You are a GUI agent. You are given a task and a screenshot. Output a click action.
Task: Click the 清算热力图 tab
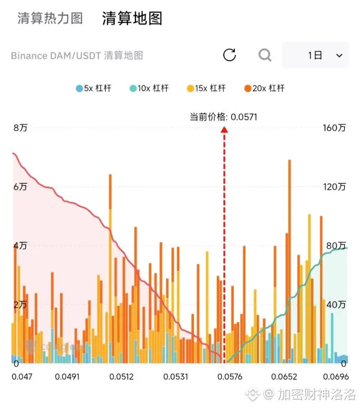pyautogui.click(x=50, y=18)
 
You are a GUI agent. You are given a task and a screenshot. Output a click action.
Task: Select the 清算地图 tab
pyautogui.click(x=132, y=18)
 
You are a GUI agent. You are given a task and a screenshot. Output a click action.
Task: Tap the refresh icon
pyautogui.click(x=229, y=55)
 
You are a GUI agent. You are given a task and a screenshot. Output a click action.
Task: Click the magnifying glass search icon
pyautogui.click(x=265, y=55)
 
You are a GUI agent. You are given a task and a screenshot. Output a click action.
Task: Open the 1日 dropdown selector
pyautogui.click(x=315, y=55)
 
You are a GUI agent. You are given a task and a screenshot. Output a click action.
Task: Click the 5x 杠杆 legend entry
pyautogui.click(x=93, y=88)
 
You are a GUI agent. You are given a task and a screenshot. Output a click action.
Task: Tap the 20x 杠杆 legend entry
pyautogui.click(x=264, y=88)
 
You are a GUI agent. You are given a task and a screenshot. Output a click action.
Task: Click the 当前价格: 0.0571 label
pyautogui.click(x=223, y=116)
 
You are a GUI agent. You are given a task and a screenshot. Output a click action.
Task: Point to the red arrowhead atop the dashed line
pyautogui.click(x=224, y=129)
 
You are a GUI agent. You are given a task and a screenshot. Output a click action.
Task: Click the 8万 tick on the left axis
pyautogui.click(x=20, y=128)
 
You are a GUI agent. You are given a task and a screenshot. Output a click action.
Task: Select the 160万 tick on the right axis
pyautogui.click(x=335, y=128)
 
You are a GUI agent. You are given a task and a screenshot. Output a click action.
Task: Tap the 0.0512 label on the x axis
pyautogui.click(x=121, y=377)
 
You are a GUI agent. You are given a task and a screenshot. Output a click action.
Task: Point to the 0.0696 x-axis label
pyautogui.click(x=335, y=377)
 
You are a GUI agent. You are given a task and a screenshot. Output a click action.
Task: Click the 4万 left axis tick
pyautogui.click(x=20, y=246)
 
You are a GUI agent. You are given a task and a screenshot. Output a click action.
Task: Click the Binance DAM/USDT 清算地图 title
pyautogui.click(x=76, y=56)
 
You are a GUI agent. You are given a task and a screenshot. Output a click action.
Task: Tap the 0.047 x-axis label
pyautogui.click(x=22, y=377)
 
